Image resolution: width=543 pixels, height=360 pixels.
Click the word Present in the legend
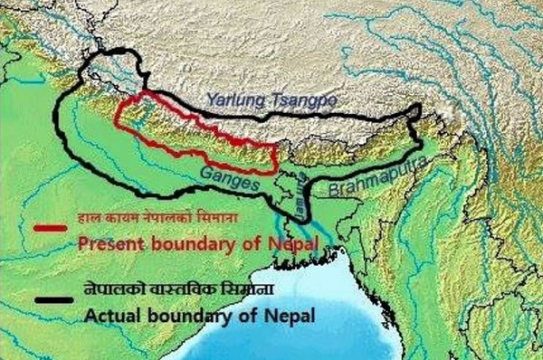coord(108,243)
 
